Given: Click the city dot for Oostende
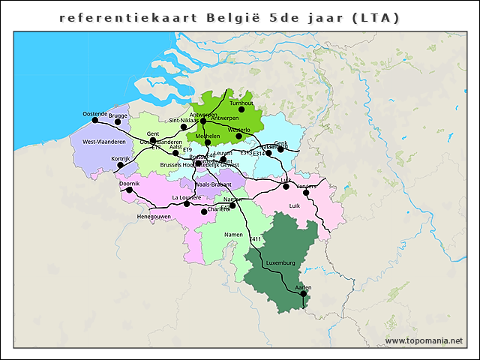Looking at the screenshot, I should click(94, 120).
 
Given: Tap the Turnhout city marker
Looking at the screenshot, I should click(241, 109).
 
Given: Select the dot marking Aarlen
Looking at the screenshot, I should click(304, 294).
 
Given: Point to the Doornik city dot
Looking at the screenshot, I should click(129, 190).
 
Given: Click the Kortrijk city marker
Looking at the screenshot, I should click(120, 165).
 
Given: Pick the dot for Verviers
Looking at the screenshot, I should click(306, 193).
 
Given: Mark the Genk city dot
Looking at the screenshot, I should click(280, 149).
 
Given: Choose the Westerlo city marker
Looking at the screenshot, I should click(238, 136).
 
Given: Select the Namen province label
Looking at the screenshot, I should click(234, 235).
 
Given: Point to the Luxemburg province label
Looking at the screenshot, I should click(281, 263).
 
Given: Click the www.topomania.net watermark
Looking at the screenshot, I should click(424, 341).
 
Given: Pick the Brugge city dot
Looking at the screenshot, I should click(118, 121).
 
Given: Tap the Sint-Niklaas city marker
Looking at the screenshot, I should click(184, 127).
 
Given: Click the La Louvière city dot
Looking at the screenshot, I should click(187, 203).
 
